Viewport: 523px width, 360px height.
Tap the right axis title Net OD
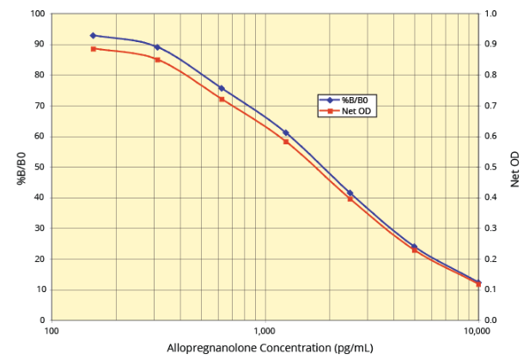point(514,169)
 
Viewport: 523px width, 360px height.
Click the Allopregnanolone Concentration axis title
point(264,347)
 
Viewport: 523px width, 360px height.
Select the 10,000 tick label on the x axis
point(477,331)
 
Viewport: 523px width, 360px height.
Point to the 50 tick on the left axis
point(39,167)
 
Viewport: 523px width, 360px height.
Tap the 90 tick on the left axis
point(39,45)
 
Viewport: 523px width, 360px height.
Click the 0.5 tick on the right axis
point(491,167)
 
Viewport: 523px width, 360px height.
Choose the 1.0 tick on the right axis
point(491,14)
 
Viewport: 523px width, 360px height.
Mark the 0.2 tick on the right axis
point(491,259)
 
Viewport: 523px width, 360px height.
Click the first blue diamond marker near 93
point(93,35)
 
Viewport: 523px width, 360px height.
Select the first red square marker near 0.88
point(93,48)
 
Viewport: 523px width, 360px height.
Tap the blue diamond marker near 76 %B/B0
point(222,88)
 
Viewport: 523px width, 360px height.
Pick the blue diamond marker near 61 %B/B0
point(286,132)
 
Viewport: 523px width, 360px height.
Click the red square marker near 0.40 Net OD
point(350,198)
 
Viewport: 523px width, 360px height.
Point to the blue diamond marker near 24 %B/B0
point(414,247)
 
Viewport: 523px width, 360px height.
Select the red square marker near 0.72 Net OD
point(222,99)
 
